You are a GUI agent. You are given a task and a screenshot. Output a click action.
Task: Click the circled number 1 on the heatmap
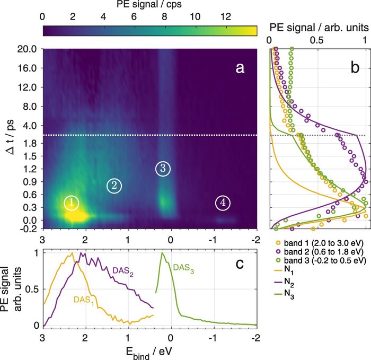(x=72, y=203)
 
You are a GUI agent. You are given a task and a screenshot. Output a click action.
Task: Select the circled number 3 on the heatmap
(x=163, y=168)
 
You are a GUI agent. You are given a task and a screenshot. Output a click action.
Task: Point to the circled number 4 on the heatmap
(x=223, y=203)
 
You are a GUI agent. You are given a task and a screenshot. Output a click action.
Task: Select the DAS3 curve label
(x=187, y=256)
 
